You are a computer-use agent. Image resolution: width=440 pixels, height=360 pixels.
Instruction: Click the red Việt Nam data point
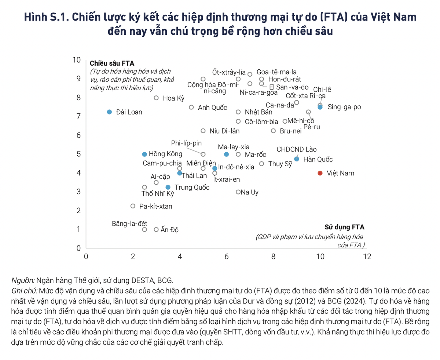[320, 173]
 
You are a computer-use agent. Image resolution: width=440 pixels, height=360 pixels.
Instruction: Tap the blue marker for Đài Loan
[109, 112]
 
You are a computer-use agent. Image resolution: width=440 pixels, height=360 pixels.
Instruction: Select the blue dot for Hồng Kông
[144, 154]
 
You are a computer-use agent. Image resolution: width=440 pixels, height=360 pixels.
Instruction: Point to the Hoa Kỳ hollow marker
[156, 98]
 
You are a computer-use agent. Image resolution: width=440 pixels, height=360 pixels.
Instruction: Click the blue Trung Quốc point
[168, 187]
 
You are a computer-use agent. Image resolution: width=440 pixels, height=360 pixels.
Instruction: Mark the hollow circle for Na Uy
[238, 192]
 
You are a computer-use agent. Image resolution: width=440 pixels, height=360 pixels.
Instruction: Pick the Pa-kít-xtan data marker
[133, 206]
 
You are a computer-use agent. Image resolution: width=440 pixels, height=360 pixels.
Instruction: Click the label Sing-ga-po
[344, 107]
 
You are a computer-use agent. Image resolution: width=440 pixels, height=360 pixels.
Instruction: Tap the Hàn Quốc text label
[318, 160]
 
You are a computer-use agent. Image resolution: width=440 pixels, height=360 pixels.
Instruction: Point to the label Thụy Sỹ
[280, 164]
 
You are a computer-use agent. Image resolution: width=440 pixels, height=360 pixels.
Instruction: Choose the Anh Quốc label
[212, 108]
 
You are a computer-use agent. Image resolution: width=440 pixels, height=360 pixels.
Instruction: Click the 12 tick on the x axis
[367, 257]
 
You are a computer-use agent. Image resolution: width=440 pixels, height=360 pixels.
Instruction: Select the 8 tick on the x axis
[273, 257]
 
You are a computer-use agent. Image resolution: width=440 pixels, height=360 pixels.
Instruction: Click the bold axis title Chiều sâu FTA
[110, 63]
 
